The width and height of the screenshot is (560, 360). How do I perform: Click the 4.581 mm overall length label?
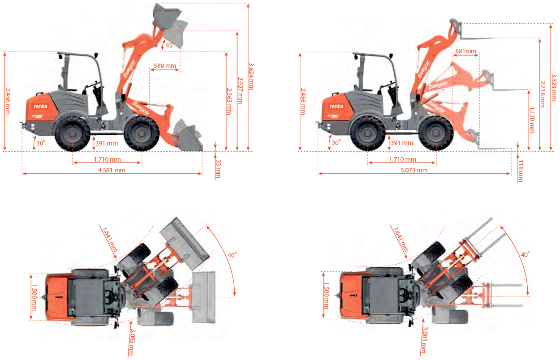(x=112, y=170)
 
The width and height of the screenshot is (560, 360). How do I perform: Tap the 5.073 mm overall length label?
(x=414, y=170)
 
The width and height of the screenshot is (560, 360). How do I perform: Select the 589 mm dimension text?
(x=165, y=66)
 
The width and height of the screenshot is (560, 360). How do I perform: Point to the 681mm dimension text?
(x=465, y=51)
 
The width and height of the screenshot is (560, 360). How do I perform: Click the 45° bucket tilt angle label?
(x=170, y=45)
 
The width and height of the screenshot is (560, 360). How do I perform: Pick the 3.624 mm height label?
(x=251, y=77)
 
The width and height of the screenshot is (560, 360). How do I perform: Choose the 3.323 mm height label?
(x=554, y=87)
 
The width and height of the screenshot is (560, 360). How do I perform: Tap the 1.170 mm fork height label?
(x=532, y=120)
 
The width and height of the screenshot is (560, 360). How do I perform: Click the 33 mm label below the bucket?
(x=218, y=169)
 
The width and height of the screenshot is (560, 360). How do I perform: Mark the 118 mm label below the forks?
(x=521, y=171)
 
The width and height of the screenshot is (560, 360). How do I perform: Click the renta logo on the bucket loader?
(x=40, y=107)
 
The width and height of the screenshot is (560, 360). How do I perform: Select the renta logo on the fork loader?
(x=336, y=107)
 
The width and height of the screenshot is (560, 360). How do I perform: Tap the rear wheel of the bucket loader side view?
(x=72, y=134)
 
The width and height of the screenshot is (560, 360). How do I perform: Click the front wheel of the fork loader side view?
(x=436, y=133)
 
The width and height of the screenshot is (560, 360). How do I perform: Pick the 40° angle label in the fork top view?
(x=525, y=255)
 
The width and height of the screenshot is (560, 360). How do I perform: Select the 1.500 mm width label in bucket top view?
(x=34, y=297)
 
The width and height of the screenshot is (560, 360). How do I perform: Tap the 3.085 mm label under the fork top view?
(x=424, y=340)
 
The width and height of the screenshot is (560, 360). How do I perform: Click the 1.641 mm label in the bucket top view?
(x=109, y=240)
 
